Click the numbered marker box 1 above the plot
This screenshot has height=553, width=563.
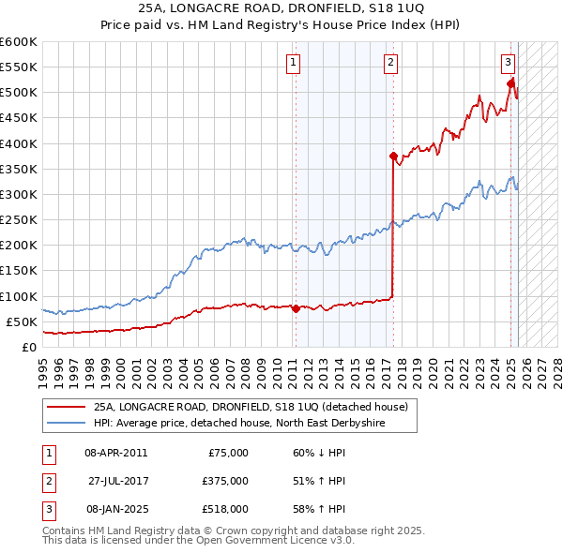pos(294,63)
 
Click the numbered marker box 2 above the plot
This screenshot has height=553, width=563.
pos(390,63)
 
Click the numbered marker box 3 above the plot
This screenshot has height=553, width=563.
pos(508,63)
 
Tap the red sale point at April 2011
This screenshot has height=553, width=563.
pos(296,308)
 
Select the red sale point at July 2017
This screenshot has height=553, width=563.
pos(393,156)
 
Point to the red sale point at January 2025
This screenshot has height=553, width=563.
pos(511,83)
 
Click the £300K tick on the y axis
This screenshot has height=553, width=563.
pos(19,194)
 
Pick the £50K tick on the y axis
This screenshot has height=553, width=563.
pos(22,321)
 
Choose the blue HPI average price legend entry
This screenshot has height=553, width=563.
pos(239,424)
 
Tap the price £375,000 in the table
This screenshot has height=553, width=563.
pos(226,481)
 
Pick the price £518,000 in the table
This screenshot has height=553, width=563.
pos(226,509)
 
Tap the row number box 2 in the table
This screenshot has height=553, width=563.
pos(45,481)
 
